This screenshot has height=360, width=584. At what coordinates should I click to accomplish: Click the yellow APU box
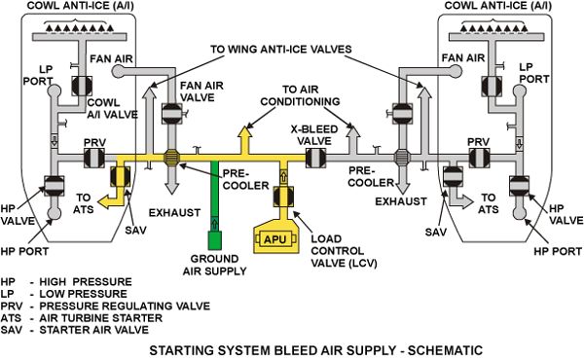coord(275,238)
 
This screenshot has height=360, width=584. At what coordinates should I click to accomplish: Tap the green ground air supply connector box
coord(214,240)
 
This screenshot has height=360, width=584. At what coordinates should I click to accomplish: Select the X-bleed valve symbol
coord(315,158)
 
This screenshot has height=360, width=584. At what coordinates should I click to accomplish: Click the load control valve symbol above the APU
coord(283,196)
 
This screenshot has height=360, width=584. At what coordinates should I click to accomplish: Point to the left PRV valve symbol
coord(93,158)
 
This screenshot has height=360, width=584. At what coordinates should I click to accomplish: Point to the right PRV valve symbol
coord(479,158)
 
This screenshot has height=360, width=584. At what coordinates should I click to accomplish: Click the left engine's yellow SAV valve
coord(121,176)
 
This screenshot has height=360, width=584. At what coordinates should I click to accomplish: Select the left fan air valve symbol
coord(172,113)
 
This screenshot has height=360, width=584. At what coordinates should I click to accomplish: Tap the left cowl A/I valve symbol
coord(82,86)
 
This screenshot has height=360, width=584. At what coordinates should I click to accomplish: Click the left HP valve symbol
coord(54,186)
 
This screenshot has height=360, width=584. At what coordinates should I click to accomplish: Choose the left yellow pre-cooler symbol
coord(171,158)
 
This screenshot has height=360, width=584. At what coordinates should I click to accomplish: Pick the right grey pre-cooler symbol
coord(402,158)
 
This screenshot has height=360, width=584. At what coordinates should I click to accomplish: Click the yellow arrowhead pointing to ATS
coord(104,201)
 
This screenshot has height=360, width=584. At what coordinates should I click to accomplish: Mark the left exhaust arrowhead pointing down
coord(171,188)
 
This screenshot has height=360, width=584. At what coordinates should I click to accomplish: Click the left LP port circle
coord(54,90)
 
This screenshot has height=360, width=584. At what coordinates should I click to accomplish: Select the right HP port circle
coord(519,213)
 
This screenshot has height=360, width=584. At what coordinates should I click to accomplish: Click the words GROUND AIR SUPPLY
coord(214,265)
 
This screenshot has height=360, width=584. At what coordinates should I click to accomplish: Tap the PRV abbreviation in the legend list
coord(12,306)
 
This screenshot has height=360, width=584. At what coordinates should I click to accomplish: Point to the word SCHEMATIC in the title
coord(445,350)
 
